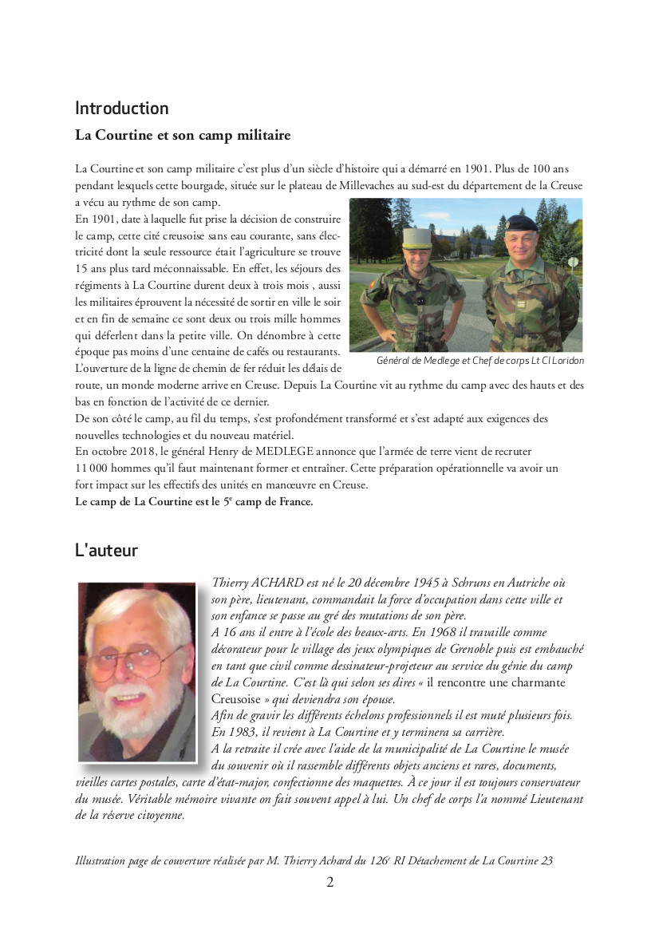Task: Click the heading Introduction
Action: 121,109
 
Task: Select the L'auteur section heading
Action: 106,550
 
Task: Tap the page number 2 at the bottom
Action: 329,882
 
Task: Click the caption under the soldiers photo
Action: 479,361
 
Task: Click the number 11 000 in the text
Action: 94,468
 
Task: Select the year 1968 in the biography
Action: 434,633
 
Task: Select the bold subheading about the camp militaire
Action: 183,136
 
